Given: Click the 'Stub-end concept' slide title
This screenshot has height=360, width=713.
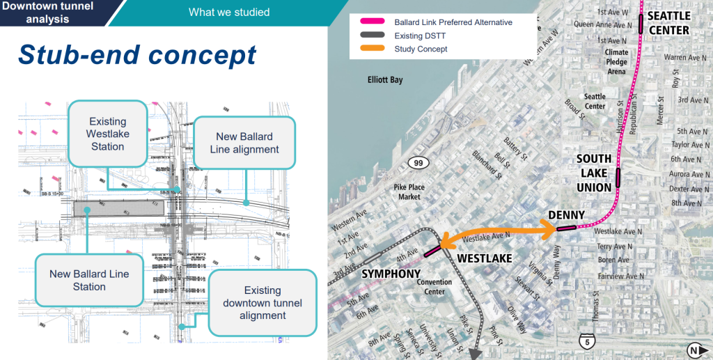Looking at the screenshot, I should [x=138, y=54].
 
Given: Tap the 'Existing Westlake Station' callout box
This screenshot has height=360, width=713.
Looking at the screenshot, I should [x=107, y=133].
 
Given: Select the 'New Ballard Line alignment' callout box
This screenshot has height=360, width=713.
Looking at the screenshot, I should [x=243, y=143].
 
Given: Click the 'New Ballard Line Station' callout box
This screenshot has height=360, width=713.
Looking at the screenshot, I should [x=89, y=281].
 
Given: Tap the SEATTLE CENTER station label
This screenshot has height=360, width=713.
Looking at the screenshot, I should [x=668, y=23].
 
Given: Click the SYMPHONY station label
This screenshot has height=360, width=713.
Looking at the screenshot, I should [x=391, y=274].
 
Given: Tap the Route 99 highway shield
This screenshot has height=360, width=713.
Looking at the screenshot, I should [x=417, y=163].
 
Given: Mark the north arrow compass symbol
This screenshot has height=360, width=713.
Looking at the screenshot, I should [x=694, y=350].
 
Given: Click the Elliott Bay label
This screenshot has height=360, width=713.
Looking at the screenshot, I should [x=385, y=80].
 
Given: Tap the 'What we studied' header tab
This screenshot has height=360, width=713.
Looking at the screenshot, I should [x=229, y=12].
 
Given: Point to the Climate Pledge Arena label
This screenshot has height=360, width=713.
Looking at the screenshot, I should [x=616, y=61].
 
